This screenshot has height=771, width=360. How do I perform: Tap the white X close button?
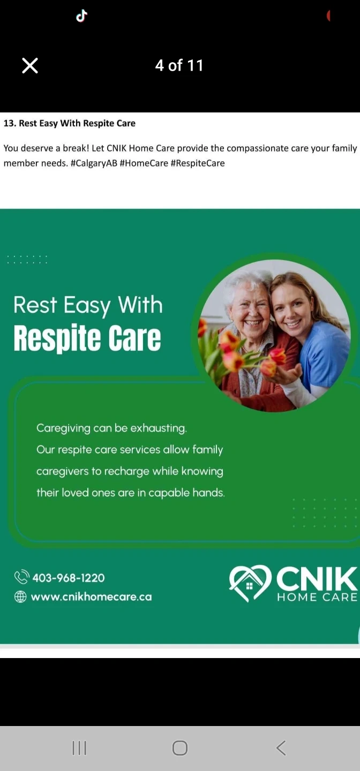[x=30, y=65]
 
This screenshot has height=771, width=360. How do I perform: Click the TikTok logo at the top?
[x=81, y=16]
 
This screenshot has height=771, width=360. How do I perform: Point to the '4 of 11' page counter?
[x=179, y=65]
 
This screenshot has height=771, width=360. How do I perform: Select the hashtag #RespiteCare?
[x=198, y=163]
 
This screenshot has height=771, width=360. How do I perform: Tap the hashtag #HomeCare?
[x=144, y=163]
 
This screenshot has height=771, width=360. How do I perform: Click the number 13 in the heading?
[x=9, y=123]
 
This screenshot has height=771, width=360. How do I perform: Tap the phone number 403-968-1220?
[x=69, y=578]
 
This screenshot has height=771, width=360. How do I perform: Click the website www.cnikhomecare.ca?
[x=91, y=596]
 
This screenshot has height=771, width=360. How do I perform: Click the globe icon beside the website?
[x=20, y=596]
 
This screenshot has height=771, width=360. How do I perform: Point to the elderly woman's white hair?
[x=246, y=283]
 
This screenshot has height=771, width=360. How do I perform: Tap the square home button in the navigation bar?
[x=180, y=748]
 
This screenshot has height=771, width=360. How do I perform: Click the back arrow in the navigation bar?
[x=281, y=748]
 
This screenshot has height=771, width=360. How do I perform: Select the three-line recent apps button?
[x=80, y=748]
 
